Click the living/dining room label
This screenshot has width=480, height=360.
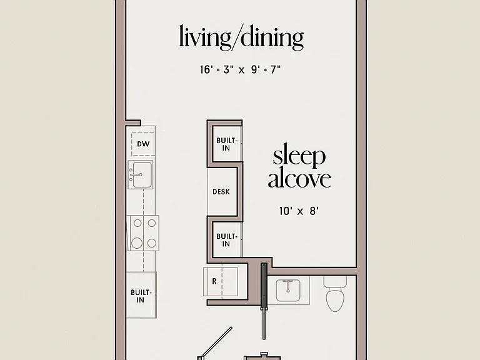point(241,37)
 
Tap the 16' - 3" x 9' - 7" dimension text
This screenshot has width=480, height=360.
point(240,70)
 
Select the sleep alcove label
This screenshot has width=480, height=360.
point(299,166)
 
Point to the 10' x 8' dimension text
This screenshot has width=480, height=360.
point(299,211)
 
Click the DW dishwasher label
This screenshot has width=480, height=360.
point(143,144)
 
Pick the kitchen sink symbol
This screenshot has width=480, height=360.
point(141,175)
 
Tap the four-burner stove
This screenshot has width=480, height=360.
point(142,233)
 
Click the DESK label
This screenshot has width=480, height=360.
point(221,192)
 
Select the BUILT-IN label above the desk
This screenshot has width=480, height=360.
point(226,144)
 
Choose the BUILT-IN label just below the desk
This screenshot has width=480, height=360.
point(226,240)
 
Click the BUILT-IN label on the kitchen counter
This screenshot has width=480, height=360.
point(141,296)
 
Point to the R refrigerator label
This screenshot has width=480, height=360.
point(214,281)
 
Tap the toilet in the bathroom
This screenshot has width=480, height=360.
point(335,293)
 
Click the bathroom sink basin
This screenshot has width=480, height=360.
point(288,290)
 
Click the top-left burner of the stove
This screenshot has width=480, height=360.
point(137,223)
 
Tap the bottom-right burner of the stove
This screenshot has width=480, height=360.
point(152,243)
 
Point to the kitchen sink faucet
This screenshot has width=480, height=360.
point(136,175)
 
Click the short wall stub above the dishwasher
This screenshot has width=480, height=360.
point(134,122)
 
